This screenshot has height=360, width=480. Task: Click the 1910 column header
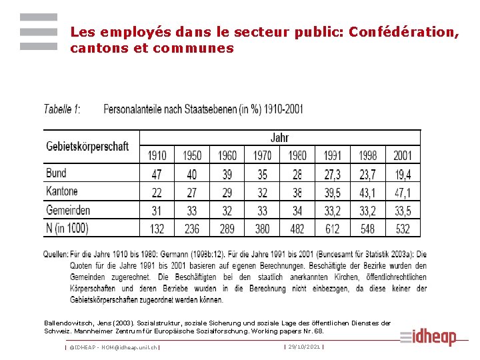coord(157,155)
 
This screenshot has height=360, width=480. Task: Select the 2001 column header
coord(403,155)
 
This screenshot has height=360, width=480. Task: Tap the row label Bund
coord(56,173)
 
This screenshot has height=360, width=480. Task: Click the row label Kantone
coord(62,192)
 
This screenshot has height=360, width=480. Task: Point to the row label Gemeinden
coord(68,210)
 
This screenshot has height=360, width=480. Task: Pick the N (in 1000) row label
coord(67,228)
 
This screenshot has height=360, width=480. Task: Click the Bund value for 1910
coord(157,174)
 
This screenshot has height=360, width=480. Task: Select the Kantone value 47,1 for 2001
coord(403,193)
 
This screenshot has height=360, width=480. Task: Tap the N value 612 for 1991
coord(332,229)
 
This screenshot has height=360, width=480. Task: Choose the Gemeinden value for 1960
coord(227,211)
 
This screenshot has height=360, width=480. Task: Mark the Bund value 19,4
coord(403,174)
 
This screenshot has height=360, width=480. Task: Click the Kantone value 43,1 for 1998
coord(367,193)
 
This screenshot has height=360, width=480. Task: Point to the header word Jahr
coord(280,138)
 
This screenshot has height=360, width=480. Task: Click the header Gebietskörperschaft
coord(87,146)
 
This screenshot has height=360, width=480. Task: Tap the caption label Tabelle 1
coord(62,109)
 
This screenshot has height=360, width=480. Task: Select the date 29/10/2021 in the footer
coord(304,347)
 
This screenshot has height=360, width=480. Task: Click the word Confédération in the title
coord(404,32)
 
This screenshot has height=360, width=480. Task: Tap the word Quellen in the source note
coord(55,254)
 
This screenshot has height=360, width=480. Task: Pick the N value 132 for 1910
coord(157,229)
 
